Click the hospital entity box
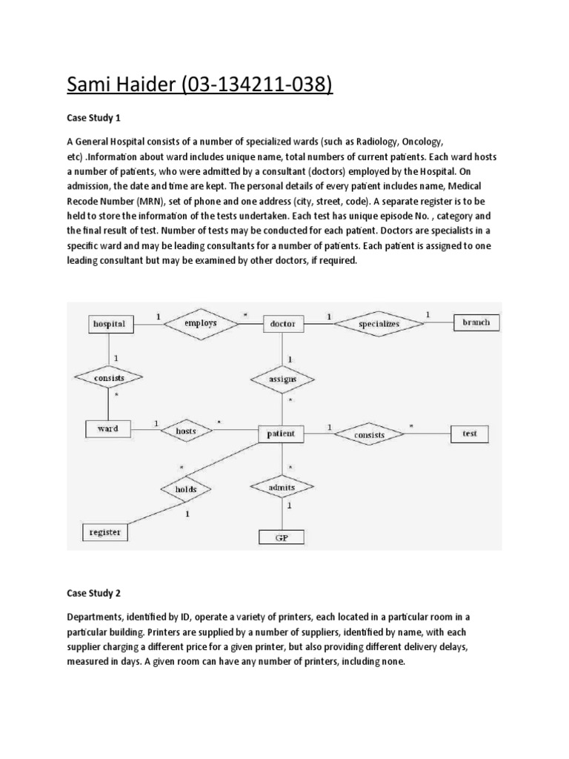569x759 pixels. (x=109, y=323)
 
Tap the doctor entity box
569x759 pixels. (x=283, y=324)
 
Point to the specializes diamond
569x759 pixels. (x=379, y=323)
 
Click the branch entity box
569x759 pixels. (x=476, y=322)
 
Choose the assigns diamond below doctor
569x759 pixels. (x=283, y=379)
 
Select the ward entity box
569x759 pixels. (x=108, y=428)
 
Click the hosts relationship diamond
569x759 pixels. (x=184, y=429)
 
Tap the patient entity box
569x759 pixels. (x=280, y=434)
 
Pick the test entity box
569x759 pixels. (x=470, y=434)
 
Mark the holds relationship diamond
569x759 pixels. (x=185, y=489)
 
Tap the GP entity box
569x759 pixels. (x=281, y=537)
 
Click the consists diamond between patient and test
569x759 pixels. (x=368, y=434)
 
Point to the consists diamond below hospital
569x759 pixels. (x=108, y=377)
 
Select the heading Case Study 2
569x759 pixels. (x=93, y=594)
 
